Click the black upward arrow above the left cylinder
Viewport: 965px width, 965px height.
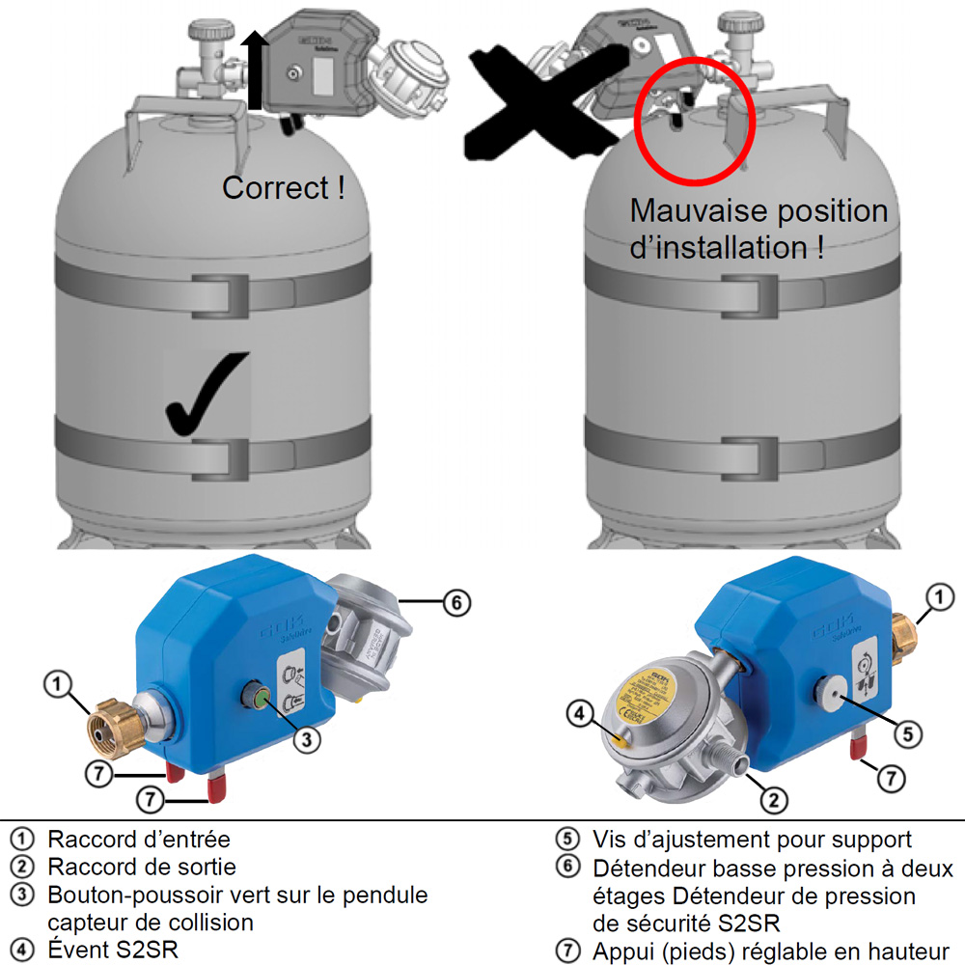tap(255, 69)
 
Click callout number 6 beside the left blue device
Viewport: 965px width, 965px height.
tap(456, 604)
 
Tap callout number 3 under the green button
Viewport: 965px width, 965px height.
tap(306, 740)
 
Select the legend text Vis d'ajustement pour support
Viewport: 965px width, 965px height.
tap(752, 840)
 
